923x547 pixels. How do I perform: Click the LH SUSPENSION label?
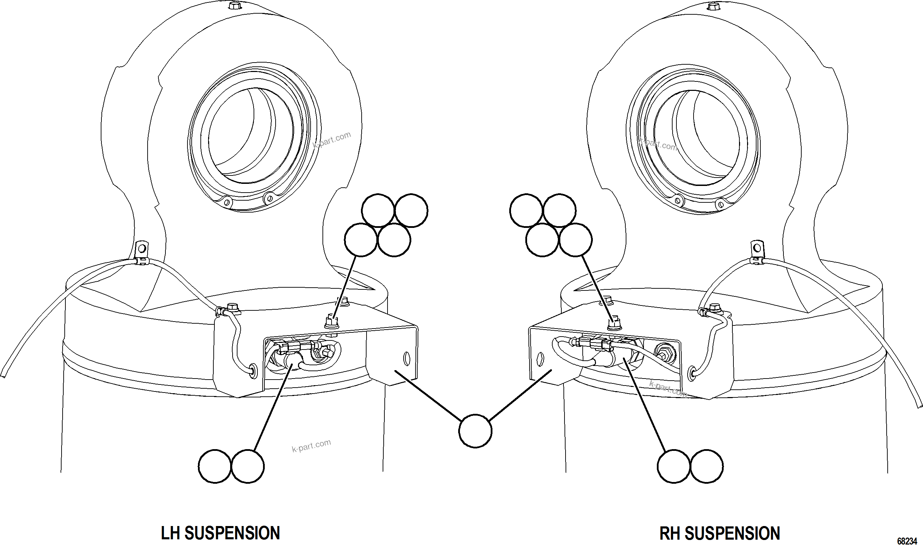tap(220, 533)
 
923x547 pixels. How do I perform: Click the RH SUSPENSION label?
tap(719, 533)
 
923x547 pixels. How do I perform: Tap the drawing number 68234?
tap(907, 541)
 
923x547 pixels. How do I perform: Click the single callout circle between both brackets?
tap(475, 431)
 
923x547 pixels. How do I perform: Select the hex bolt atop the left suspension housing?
tap(234, 6)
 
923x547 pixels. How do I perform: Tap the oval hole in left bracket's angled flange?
tap(407, 358)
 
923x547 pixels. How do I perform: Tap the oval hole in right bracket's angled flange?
tap(540, 358)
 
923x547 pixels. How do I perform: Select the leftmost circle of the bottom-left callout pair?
tap(215, 466)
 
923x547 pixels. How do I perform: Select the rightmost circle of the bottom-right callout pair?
tap(706, 466)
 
